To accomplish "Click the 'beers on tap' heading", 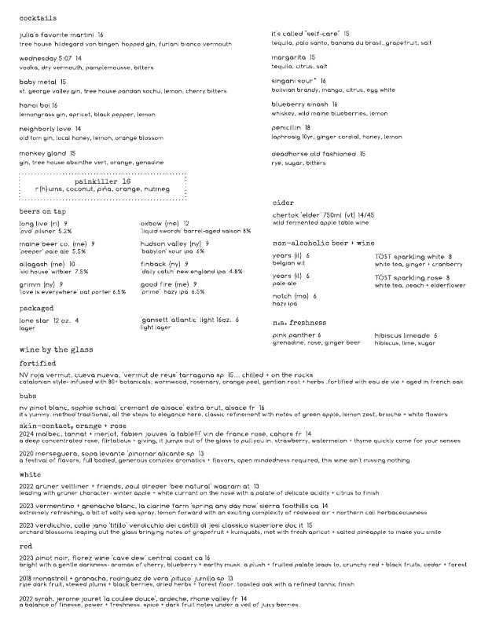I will click(45, 212).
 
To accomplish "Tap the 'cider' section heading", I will click(282, 203).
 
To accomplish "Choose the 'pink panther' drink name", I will click(292, 335).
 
